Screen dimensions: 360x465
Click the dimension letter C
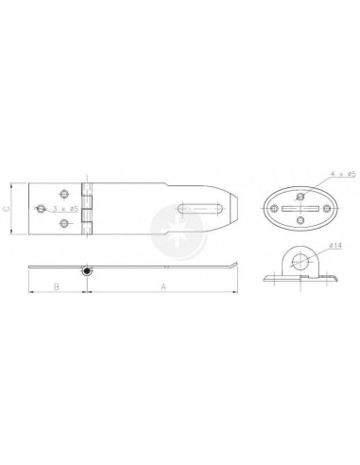[x=7, y=209]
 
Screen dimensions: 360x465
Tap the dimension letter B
[x=56, y=286]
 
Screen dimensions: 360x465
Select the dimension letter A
[x=163, y=286]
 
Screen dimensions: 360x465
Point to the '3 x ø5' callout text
[x=65, y=209]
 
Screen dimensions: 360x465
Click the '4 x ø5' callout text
[x=343, y=174]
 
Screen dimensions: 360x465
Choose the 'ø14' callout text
[x=335, y=245]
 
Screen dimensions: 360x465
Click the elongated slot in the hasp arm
[x=201, y=209]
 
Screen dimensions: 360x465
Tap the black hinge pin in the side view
[x=87, y=270]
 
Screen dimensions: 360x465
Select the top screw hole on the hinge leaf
[x=65, y=194]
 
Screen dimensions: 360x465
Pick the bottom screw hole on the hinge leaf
[x=64, y=223]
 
